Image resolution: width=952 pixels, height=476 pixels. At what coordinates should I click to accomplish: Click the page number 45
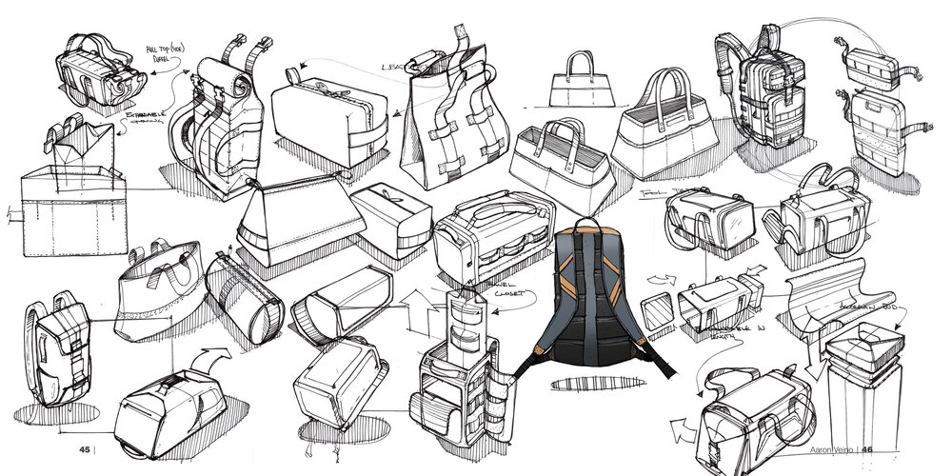pos(85,449)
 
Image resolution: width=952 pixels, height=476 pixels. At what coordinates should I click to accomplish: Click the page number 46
pos(867,450)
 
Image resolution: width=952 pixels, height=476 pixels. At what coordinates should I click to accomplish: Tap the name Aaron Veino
pos(826,450)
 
